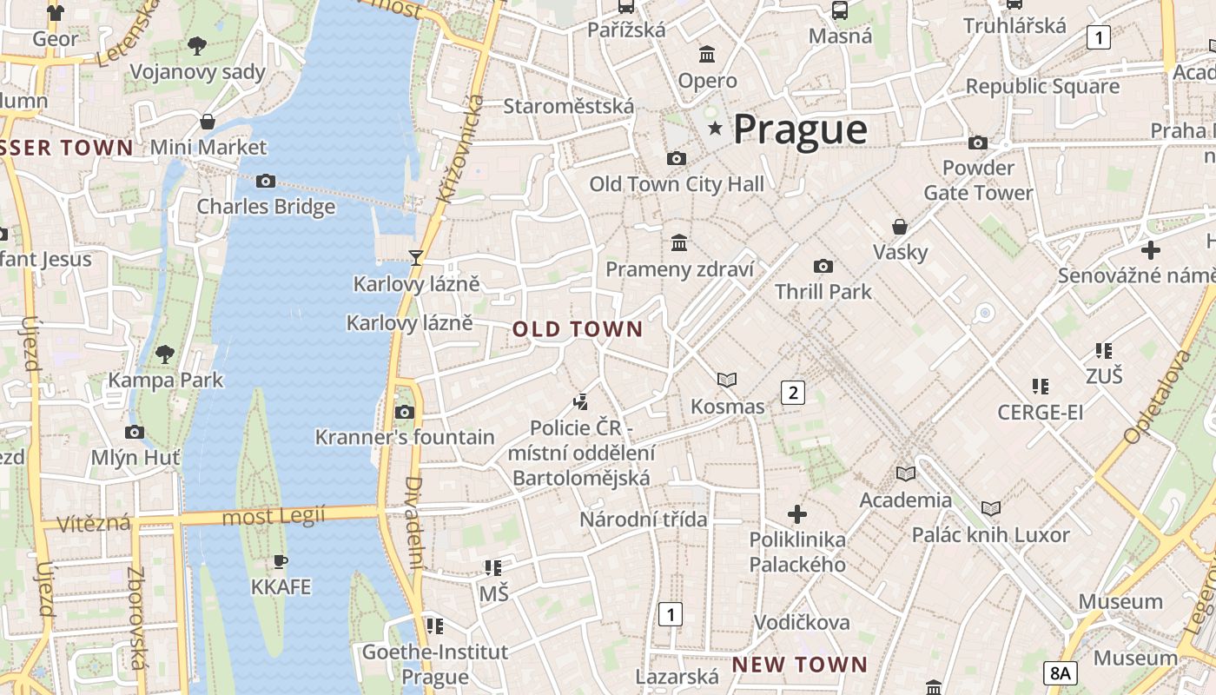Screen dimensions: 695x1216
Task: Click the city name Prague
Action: coord(800,129)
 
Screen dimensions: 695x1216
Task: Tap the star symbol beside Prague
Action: coord(716,129)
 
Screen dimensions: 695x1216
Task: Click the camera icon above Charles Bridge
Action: coord(266,181)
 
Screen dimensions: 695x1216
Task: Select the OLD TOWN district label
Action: coord(578,329)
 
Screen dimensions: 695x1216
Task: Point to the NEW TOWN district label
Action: coord(799,665)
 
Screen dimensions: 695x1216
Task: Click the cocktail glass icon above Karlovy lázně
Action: coord(416,257)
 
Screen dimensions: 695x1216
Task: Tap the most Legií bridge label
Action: coord(273,518)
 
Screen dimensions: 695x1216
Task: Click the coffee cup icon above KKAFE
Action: coord(280,561)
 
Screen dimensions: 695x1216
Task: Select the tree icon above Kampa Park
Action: coord(165,354)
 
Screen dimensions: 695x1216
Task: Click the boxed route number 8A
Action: coord(1061,672)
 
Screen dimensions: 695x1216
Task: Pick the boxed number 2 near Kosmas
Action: coord(792,393)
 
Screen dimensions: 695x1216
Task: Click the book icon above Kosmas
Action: coord(727,380)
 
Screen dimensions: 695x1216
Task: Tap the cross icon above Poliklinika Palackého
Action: coord(796,513)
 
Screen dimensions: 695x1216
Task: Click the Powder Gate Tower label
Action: coord(978,180)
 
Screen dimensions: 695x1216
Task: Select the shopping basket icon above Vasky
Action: coord(900,227)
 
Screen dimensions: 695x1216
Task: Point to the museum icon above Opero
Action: coord(707,55)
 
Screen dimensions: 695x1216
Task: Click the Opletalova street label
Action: coord(1156,397)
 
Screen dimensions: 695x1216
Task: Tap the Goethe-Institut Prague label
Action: coord(423,664)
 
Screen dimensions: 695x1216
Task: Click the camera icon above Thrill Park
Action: coord(823,266)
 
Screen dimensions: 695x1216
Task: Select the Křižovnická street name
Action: coord(461,148)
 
